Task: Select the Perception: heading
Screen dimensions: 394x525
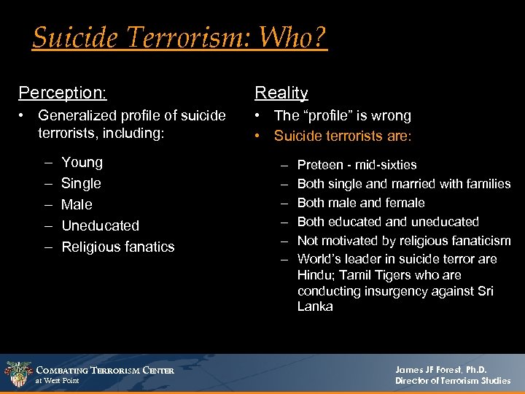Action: click(63, 93)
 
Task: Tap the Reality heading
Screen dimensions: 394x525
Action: click(281, 93)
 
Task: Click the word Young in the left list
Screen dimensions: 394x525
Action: click(82, 162)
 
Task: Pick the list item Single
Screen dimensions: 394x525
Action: click(81, 183)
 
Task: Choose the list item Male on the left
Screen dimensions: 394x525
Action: click(77, 204)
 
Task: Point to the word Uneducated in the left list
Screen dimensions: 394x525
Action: click(100, 225)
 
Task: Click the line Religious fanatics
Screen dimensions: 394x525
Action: click(118, 247)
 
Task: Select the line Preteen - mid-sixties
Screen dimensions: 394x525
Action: click(357, 165)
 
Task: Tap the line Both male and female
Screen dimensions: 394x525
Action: click(361, 203)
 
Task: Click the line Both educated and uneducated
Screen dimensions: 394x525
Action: click(388, 222)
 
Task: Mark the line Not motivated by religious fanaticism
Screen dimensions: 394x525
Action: click(404, 241)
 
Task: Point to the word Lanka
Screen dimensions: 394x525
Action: click(315, 306)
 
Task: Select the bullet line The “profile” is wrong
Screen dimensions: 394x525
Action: click(342, 115)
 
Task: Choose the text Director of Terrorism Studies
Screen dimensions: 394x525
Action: click(453, 381)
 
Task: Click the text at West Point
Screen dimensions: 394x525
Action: click(58, 381)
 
